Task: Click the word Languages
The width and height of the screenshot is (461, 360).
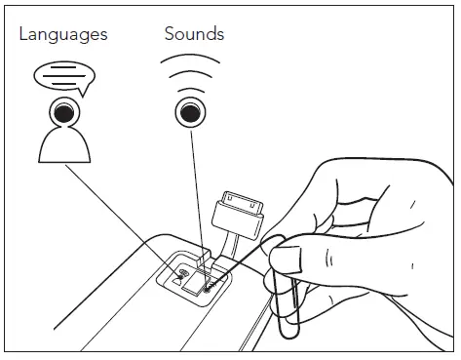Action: click(x=63, y=35)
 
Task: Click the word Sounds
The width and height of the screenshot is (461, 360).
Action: click(x=194, y=34)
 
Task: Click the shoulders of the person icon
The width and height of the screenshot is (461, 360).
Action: click(x=64, y=146)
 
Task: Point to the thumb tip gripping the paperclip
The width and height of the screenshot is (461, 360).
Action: click(x=283, y=260)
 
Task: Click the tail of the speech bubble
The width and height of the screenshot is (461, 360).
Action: click(x=81, y=92)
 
